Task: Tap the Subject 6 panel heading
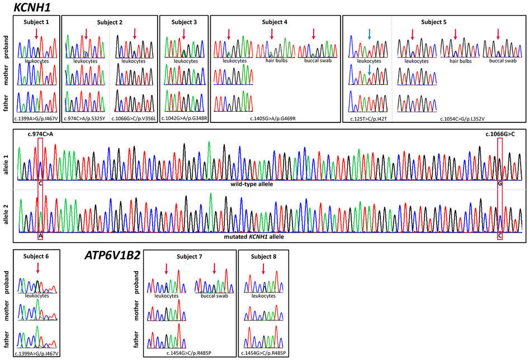[36, 256]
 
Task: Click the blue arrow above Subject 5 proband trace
[370, 35]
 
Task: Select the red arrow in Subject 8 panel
[263, 269]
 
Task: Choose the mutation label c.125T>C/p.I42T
[366, 119]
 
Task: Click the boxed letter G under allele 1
[500, 183]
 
